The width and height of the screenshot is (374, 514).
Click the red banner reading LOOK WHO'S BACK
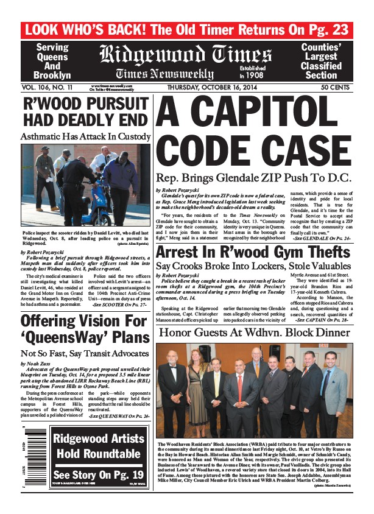coord(186,30)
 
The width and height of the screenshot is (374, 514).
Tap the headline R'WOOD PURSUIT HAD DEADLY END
coord(85,111)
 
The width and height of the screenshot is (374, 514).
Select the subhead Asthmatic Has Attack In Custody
coord(85,136)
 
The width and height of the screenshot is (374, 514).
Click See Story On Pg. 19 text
coord(98,474)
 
